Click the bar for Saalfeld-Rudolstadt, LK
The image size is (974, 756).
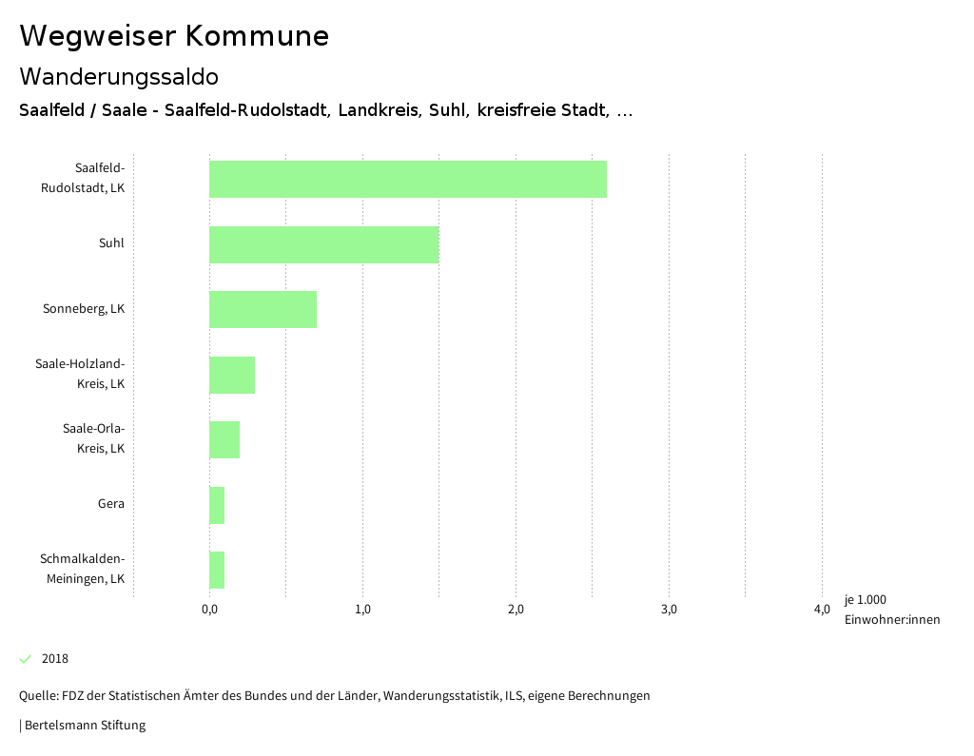coord(407,179)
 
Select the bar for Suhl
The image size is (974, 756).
coord(323,244)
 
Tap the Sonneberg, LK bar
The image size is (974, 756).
coord(263,309)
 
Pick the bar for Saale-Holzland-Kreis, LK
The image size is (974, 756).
coord(232,375)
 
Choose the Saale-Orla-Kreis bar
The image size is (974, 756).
coord(224,439)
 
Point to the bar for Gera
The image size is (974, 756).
coord(217,505)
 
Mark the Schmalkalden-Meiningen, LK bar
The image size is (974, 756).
coord(217,570)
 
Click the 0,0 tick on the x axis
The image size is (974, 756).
coord(209,610)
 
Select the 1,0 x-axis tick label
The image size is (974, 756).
coord(362,610)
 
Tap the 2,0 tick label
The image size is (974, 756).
coord(516,610)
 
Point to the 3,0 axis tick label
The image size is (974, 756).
coord(669,610)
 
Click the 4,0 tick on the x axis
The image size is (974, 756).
coord(822,610)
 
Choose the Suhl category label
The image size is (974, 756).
coord(111,243)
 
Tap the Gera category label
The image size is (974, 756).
coord(110,504)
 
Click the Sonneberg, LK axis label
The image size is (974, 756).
coord(84,309)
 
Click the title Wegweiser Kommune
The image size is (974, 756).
coord(174,36)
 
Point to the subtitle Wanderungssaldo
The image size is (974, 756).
coord(119,76)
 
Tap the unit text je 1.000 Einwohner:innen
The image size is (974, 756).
coord(891,610)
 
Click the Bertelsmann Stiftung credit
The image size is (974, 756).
coord(84,726)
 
